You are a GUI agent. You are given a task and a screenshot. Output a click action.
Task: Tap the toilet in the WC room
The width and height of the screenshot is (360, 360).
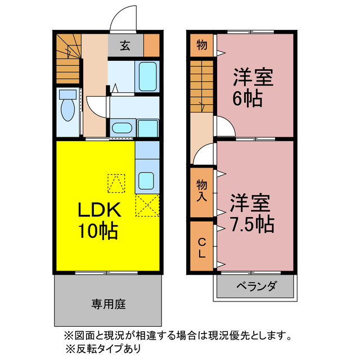(x=68, y=107)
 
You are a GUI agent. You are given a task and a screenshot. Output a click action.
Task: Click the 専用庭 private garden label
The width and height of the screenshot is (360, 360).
(x=109, y=304)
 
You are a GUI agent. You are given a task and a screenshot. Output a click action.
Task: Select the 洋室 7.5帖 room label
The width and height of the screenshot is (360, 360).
(x=251, y=213)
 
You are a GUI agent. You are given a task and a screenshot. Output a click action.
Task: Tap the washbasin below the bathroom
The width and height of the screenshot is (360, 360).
(x=121, y=127)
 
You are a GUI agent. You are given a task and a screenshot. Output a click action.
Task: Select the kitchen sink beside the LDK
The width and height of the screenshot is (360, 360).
(x=147, y=181)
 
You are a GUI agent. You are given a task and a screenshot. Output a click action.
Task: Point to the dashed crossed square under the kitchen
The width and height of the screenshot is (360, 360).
(x=147, y=205)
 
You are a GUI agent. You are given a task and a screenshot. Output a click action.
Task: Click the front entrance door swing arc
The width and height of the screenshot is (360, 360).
(x=123, y=20)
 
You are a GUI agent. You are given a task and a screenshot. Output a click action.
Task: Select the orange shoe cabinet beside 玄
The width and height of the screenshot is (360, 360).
(x=151, y=46)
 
